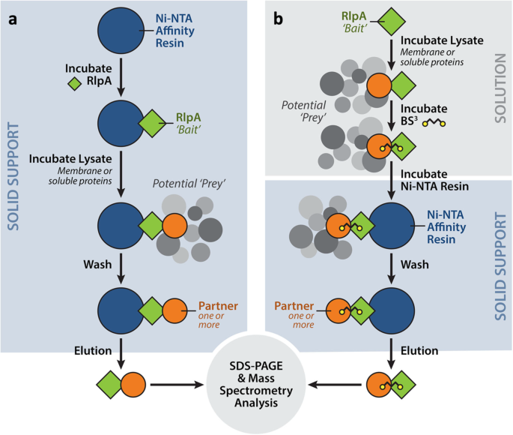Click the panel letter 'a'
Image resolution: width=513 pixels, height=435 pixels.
click(13, 19)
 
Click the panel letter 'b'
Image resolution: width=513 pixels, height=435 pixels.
click(278, 19)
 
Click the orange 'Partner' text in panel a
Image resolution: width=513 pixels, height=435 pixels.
click(218, 306)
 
